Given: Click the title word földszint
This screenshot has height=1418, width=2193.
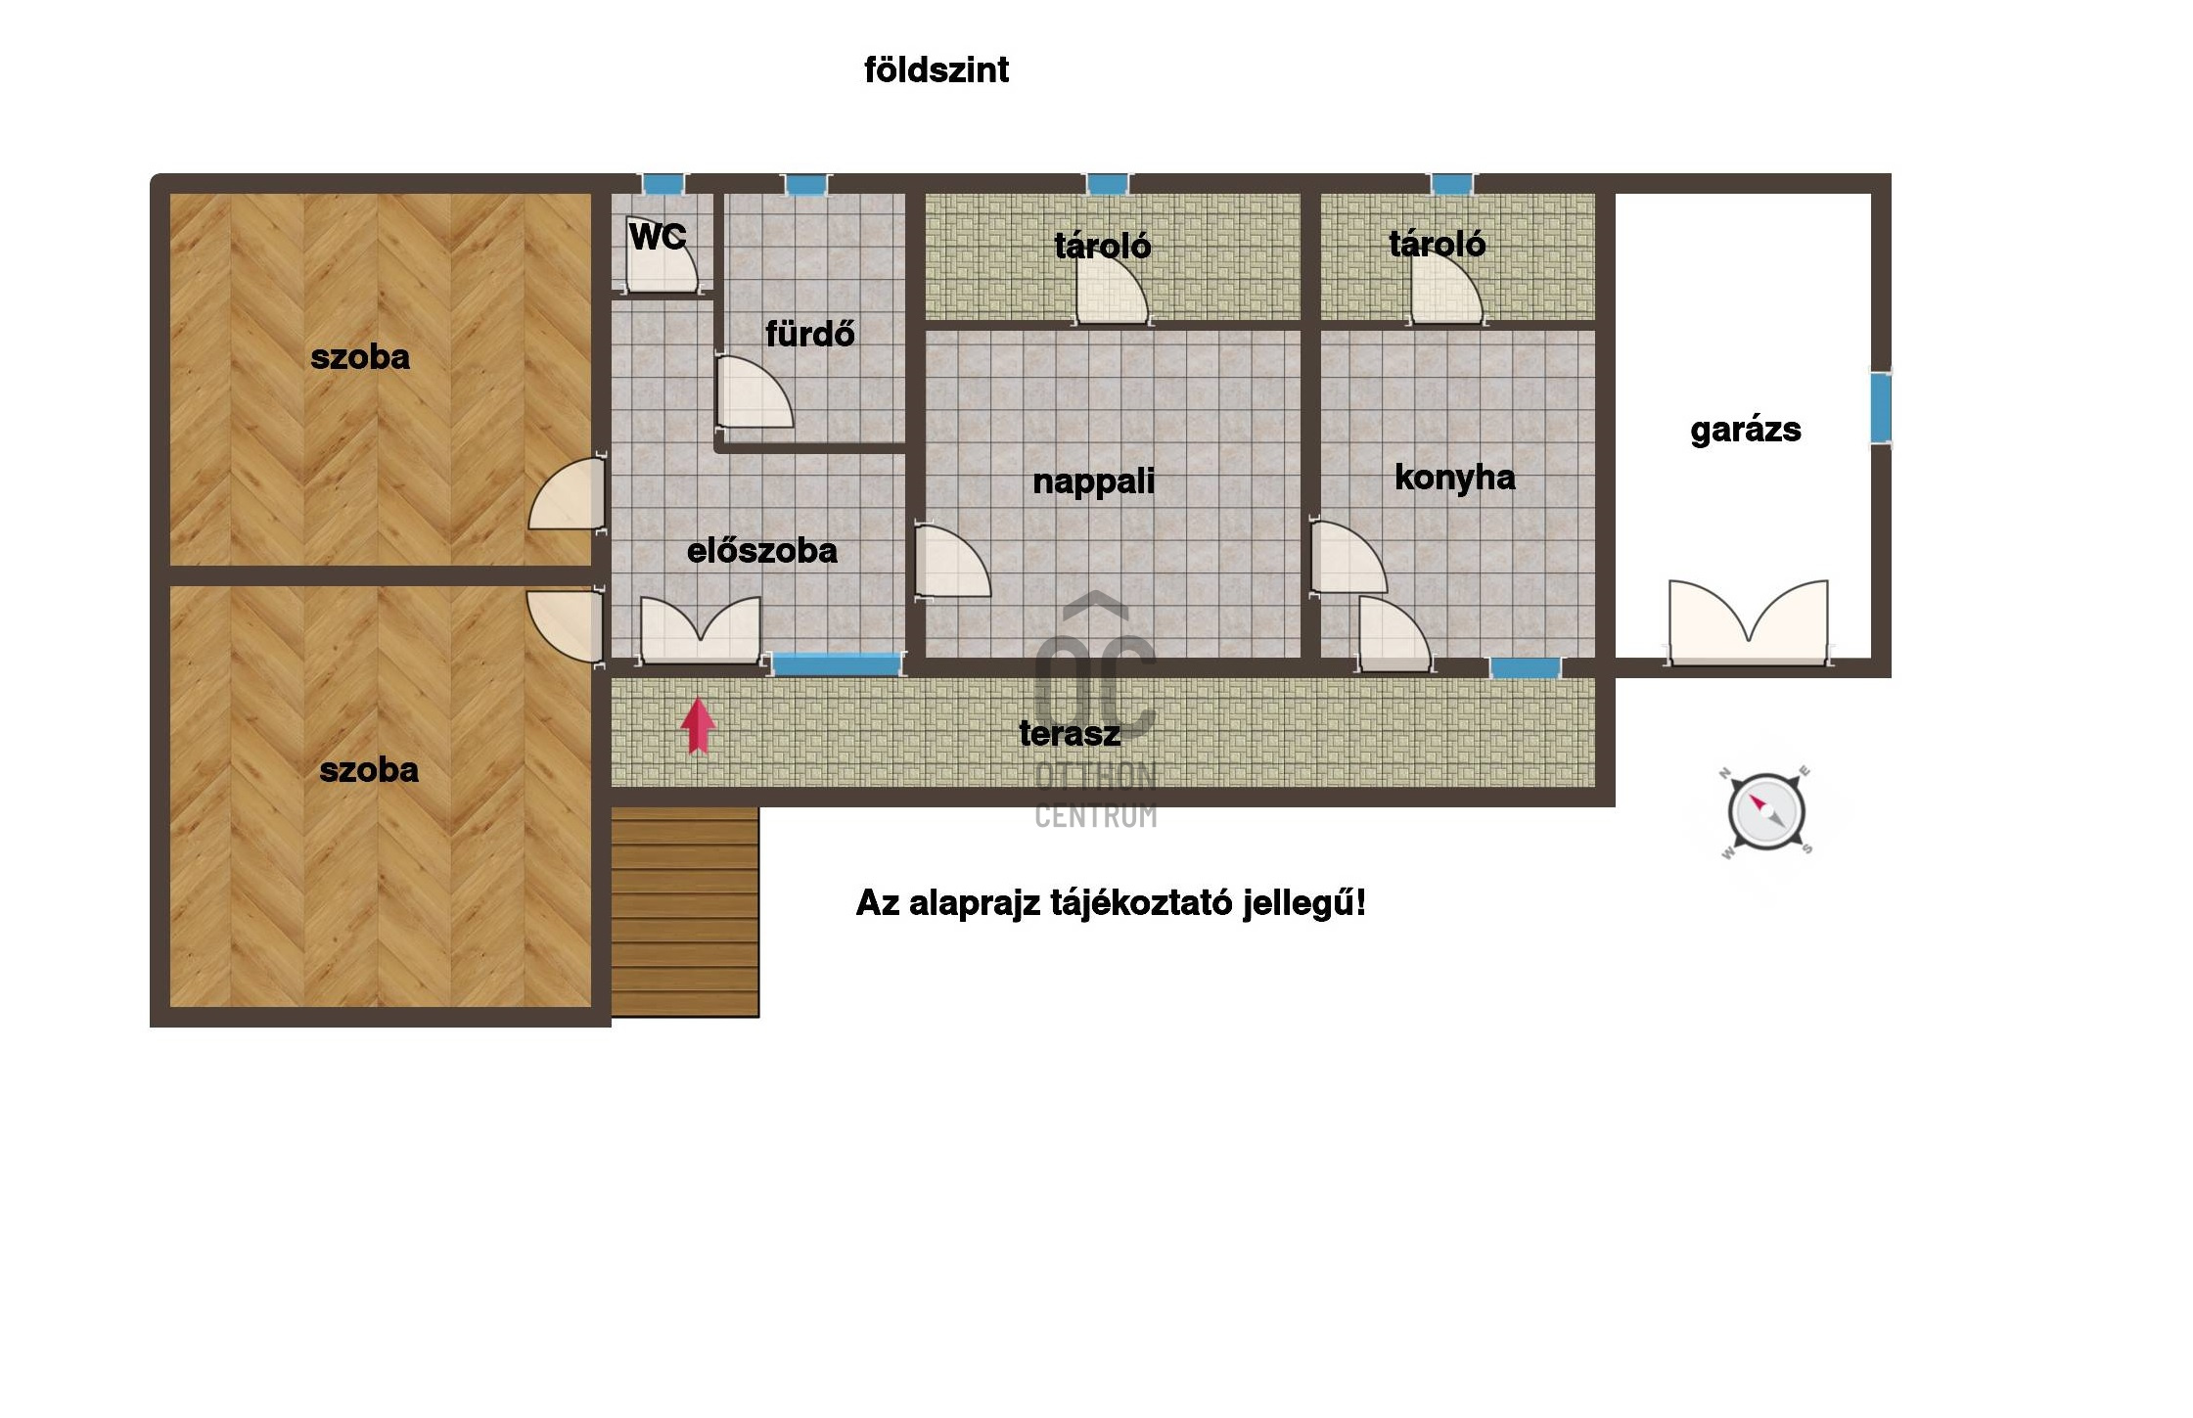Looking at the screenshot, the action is (937, 69).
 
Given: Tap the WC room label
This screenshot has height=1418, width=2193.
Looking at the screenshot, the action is (658, 236).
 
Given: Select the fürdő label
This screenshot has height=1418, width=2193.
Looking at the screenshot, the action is (810, 334).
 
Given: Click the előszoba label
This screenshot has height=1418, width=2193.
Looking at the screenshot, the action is (762, 551).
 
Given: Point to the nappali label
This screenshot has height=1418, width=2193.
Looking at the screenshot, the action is (1094, 482).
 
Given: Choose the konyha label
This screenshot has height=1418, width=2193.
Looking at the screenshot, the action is (1455, 478).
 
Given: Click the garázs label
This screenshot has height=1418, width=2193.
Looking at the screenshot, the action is (1746, 431).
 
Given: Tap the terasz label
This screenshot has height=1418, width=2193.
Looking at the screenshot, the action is (1070, 733).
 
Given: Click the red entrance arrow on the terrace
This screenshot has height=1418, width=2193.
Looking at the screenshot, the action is (698, 726).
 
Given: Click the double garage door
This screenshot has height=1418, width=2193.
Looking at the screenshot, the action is (1749, 623).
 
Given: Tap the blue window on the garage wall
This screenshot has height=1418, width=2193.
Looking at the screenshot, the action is (1881, 408).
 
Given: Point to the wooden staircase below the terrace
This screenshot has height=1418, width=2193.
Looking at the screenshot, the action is (685, 912).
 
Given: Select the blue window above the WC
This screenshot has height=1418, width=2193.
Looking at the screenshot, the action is (663, 184).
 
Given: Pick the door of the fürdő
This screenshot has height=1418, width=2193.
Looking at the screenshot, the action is (754, 391).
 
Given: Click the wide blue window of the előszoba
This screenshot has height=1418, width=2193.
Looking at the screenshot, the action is (836, 663).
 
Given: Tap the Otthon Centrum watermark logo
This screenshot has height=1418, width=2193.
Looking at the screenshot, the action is (1096, 711).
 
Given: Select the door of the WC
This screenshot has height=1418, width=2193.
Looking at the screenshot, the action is (662, 254).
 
